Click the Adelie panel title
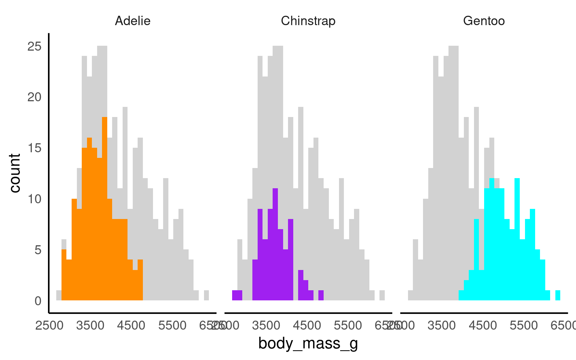point(133,21)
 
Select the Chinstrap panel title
point(308,21)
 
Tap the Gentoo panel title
point(484,21)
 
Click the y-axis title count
point(15,173)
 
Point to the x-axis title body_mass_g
point(308,343)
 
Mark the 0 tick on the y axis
point(38,301)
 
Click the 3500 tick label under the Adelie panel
point(90,325)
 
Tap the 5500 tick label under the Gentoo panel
point(524,325)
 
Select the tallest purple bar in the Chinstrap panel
point(275,244)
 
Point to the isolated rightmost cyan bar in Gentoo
point(558,295)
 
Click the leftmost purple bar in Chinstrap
point(237,295)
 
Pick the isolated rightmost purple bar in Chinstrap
point(321,295)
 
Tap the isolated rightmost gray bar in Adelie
point(206,295)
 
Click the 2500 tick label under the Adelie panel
point(49,325)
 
